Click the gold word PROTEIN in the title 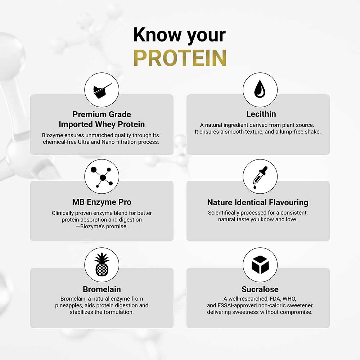point(180,58)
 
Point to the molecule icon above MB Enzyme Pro point(102,176)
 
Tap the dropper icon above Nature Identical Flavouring point(260,176)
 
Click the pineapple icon point(102,264)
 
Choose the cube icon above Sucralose point(260,265)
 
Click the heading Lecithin point(261,114)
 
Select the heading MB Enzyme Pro point(102,202)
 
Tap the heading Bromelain point(102,289)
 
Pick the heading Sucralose point(260,289)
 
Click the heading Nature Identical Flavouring point(258,202)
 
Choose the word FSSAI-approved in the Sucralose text point(235,306)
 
